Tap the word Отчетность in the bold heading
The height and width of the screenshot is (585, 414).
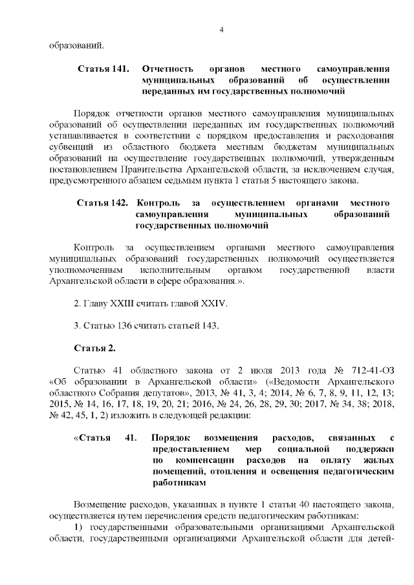tap(166, 68)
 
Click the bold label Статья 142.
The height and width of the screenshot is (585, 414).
tap(102, 203)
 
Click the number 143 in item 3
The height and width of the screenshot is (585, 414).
tap(208, 325)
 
